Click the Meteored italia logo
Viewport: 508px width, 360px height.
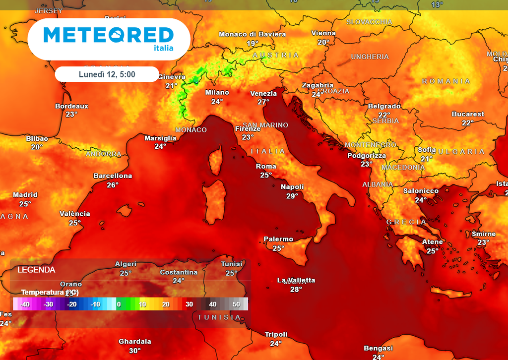pos(109,39)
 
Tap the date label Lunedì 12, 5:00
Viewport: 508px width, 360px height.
pos(107,74)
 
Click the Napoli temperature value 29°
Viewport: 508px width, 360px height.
pos(292,196)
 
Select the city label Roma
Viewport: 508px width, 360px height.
pos(266,166)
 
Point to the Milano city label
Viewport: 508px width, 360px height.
pos(217,92)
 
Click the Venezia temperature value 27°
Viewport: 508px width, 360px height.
pos(263,102)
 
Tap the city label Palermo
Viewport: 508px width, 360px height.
pos(278,239)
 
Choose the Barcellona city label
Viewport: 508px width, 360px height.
pos(113,176)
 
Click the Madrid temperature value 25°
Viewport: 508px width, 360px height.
pos(25,204)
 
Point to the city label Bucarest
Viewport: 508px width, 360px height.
pos(468,114)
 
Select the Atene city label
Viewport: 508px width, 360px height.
pos(432,242)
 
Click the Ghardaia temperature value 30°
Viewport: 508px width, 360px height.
pos(135,351)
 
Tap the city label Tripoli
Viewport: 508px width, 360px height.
pos(276,334)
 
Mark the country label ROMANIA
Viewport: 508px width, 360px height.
pos(446,81)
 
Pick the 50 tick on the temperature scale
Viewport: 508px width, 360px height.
pos(236,304)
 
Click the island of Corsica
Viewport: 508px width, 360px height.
pos(215,160)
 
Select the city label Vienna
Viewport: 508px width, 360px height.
pos(323,33)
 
